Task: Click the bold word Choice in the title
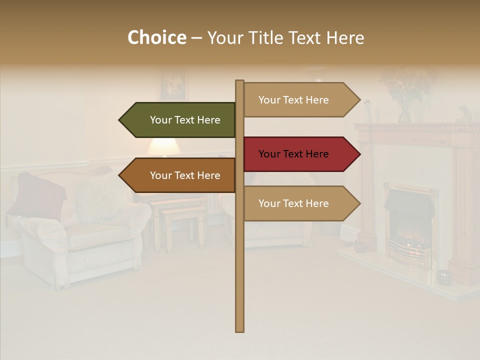click(x=156, y=38)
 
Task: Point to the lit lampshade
click(x=164, y=147)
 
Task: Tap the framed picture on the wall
click(x=173, y=85)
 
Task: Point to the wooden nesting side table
click(x=175, y=220)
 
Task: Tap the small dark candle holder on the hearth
click(x=443, y=277)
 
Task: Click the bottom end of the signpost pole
click(x=239, y=327)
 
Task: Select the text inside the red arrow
click(x=293, y=154)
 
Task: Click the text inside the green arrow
click(x=185, y=120)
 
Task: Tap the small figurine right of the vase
click(x=463, y=114)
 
